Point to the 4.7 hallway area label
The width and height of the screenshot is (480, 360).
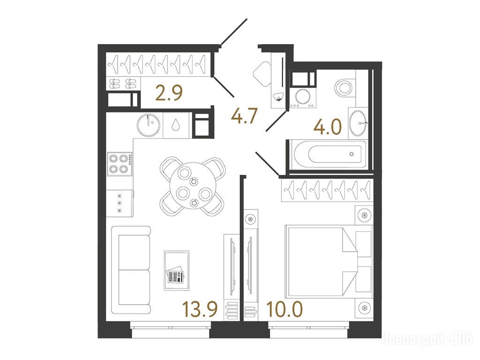coord(244,116)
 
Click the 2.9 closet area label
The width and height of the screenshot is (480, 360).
coord(169,93)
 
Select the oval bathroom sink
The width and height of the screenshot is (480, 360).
coord(358,123)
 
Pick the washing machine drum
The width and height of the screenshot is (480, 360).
coord(303,96)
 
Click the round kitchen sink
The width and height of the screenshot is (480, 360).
coord(149,125)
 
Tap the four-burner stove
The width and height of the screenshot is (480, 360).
coord(120,164)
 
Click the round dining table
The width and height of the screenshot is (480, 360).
coord(192,186)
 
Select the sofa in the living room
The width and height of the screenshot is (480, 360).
coord(131,270)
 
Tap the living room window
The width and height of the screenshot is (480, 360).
coord(171,330)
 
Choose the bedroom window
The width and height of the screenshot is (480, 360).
coord(309,330)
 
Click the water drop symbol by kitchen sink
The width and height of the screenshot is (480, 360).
coord(175,125)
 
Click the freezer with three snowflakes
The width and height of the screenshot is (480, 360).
coord(120,203)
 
